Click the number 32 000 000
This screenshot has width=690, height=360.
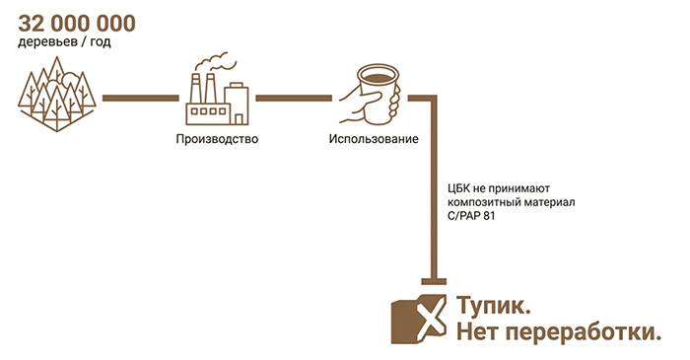coord(77,24)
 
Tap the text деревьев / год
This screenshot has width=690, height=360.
coord(64,42)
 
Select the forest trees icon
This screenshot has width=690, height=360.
coord(57,94)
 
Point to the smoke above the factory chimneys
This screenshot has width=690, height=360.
coord(216,61)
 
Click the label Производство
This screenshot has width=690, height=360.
coord(217,139)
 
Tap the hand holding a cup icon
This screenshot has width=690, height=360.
coord(371,95)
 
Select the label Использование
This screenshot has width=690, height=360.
coord(374,139)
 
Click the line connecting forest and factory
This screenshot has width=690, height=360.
coord(141,99)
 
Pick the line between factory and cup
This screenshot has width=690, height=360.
coord(294,99)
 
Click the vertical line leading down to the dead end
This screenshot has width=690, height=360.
coord(434,188)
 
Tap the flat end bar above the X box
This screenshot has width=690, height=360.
coord(434,282)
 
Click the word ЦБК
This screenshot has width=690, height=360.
coord(458,188)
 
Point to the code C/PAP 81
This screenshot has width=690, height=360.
coord(471,216)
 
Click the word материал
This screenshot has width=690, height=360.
coord(549,203)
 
